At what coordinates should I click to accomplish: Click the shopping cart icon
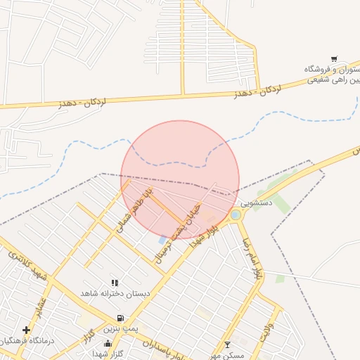click(x=334, y=59)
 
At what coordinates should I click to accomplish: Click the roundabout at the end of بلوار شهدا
click(x=236, y=214)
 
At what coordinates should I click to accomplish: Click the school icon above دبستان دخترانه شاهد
click(x=115, y=283)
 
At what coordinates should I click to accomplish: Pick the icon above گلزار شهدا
click(x=108, y=344)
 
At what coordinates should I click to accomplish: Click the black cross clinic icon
click(x=26, y=330)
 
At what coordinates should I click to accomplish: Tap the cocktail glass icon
click(x=226, y=345)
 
